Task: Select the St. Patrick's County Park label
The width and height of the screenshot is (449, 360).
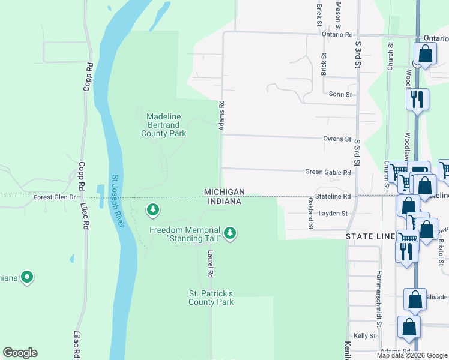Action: coord(211,298)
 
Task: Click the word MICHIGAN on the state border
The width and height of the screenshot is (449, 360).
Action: coord(224,192)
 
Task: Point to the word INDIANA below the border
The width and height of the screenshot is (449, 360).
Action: coord(224,202)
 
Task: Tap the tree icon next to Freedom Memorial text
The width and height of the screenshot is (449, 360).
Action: coord(229,232)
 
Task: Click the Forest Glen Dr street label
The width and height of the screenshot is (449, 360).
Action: coord(55,197)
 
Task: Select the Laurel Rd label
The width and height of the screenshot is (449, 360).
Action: coord(211,265)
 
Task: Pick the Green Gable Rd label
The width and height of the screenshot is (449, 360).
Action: coord(328,172)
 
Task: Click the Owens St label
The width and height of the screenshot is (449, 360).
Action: coord(337,139)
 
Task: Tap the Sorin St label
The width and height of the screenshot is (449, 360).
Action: coord(340,94)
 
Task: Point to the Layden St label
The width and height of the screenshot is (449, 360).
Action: coord(333,213)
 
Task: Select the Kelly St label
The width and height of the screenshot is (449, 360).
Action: coord(364,336)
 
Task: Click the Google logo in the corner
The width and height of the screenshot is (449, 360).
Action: coord(20,353)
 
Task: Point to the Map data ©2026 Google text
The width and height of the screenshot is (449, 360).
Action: coord(412,355)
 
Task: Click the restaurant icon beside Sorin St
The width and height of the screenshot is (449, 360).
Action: coord(417,99)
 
